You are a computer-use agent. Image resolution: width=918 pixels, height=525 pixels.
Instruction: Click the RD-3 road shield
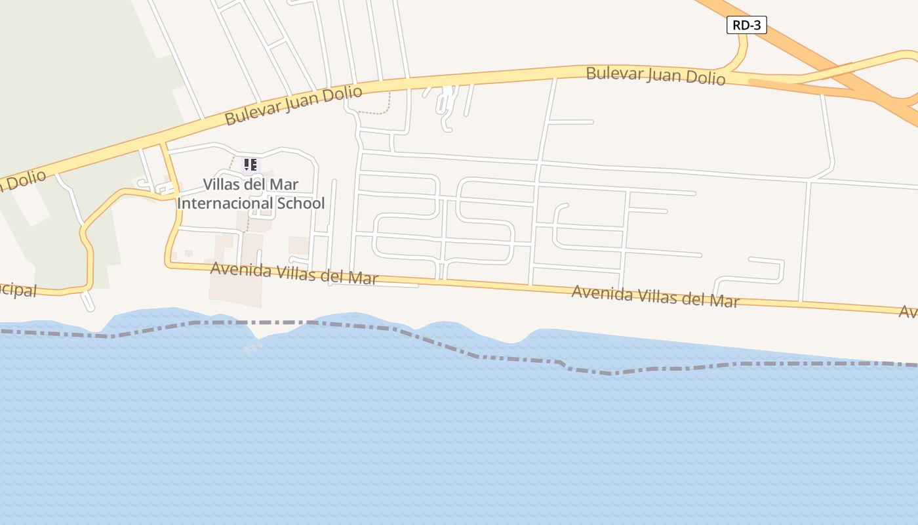[x=746, y=25]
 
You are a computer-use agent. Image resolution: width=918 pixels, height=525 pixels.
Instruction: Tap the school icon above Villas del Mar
[x=250, y=165]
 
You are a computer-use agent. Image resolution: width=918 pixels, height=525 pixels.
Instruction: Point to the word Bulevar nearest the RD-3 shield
[x=614, y=73]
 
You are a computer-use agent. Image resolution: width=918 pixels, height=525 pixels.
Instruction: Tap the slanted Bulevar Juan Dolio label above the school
[x=293, y=105]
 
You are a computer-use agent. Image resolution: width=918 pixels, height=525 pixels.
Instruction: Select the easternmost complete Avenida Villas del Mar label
[x=655, y=296]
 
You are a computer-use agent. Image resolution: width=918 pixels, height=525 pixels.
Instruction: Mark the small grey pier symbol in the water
[x=253, y=348]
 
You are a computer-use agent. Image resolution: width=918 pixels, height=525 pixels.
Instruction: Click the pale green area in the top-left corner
[x=66, y=66]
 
